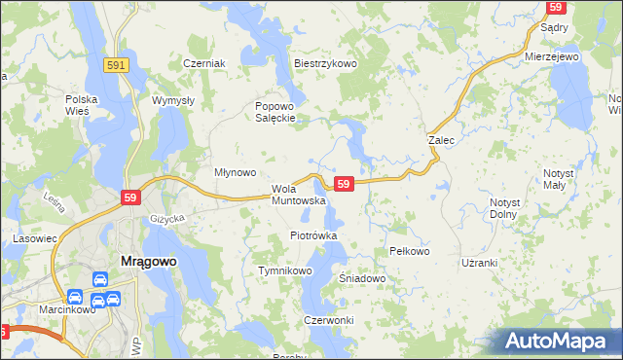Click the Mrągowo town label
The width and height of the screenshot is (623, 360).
120,261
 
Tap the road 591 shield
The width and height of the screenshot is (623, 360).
116,64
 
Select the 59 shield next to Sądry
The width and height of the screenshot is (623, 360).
556,7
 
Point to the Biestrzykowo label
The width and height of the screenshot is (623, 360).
326,63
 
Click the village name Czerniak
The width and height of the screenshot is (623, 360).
204,63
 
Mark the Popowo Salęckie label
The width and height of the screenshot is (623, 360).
275,112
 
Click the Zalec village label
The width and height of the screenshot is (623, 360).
442,140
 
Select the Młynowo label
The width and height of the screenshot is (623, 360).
235,172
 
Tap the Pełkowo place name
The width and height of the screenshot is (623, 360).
409,251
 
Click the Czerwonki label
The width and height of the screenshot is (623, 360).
328,320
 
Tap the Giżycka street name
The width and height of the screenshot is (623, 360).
166,219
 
